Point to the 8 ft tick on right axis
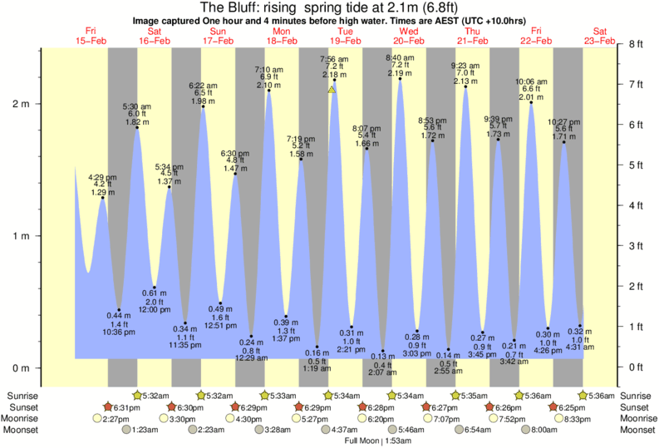[x=636, y=44]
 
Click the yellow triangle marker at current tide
[x=332, y=89]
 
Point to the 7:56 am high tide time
[x=334, y=59]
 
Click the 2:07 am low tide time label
[x=383, y=373]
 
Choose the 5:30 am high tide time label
[x=137, y=106]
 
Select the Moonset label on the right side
[x=636, y=430]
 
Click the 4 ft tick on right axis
[x=636, y=205]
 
